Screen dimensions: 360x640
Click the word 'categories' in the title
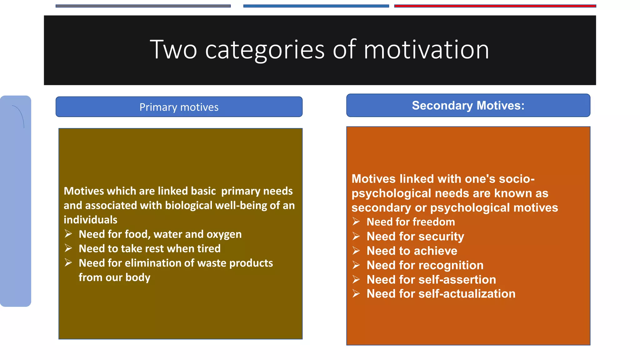[265, 50]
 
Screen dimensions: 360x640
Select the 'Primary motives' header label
[179, 107]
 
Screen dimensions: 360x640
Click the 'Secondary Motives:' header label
[468, 106]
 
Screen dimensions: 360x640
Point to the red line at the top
[495, 6]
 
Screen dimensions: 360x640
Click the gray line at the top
[143, 6]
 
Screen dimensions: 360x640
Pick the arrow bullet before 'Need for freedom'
[356, 222]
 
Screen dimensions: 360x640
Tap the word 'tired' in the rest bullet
[209, 249]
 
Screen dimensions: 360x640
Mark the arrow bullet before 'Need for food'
[68, 234]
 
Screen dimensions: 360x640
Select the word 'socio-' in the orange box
[517, 179]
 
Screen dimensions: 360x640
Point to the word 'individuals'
[91, 220]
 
